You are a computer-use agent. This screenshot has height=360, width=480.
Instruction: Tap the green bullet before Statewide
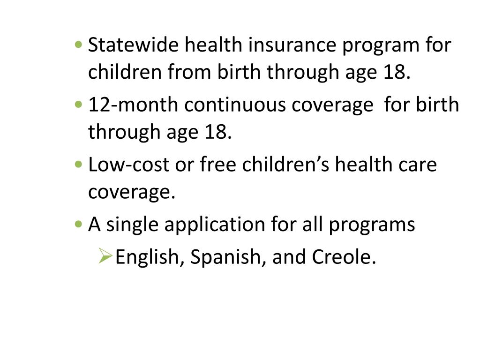pos(78,45)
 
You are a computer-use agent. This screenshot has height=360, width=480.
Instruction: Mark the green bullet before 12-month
pos(78,105)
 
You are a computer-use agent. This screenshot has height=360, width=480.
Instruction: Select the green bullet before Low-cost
pos(78,165)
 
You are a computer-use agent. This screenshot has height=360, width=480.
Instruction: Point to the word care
pos(420,165)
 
